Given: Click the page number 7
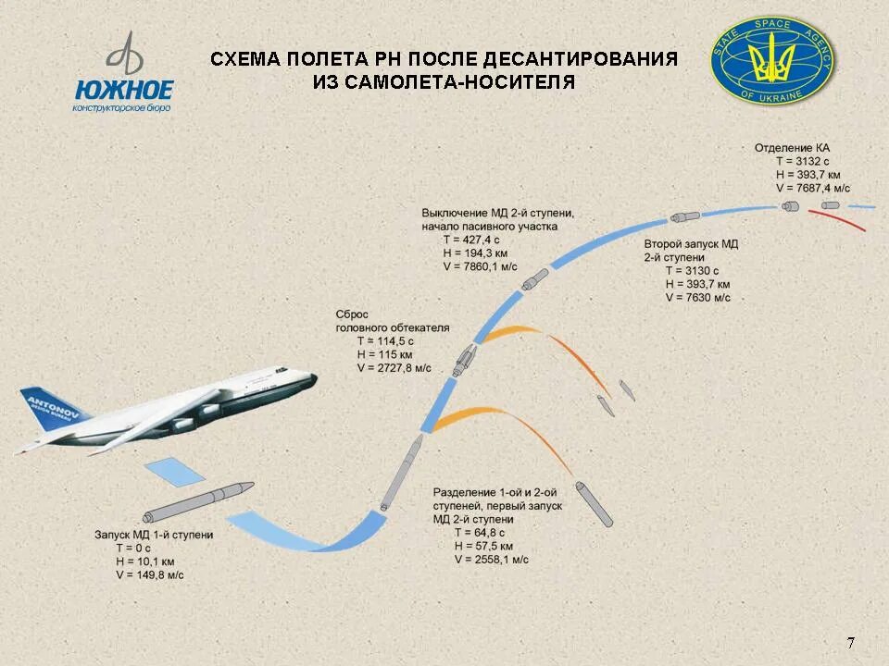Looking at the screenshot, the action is pos(850,643).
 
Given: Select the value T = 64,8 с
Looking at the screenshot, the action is pos(479,533).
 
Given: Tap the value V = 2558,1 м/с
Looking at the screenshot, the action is pos(491,560).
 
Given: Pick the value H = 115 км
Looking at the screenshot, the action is pos(384,354).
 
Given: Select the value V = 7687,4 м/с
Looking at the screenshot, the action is pos(815,187).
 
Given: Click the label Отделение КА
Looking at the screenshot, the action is pos(792,148).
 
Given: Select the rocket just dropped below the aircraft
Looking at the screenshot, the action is pos(197,501).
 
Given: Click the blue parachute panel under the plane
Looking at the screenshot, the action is pos(176,471).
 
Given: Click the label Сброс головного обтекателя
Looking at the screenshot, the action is pos(392,321).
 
